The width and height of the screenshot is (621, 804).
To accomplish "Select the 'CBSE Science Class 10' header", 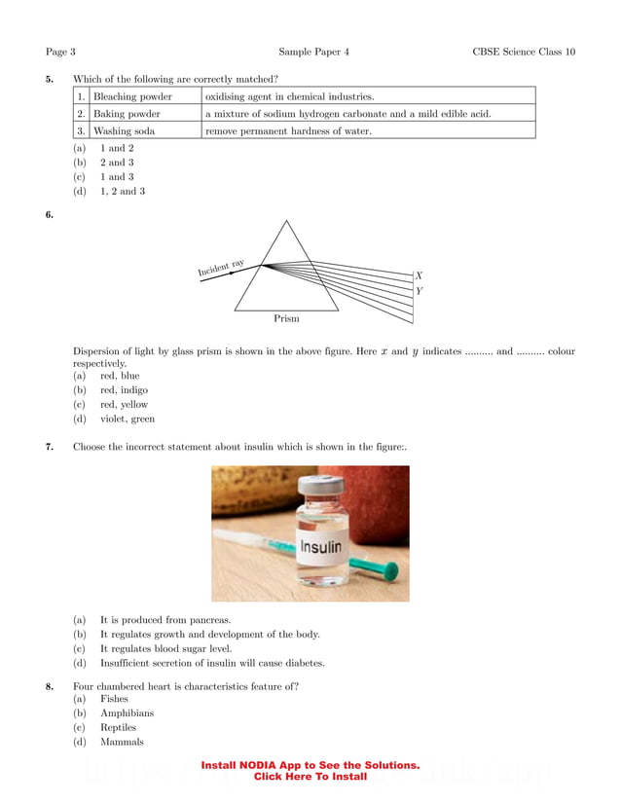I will click(x=524, y=51).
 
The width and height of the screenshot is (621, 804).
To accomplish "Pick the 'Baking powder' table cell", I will click(x=127, y=113).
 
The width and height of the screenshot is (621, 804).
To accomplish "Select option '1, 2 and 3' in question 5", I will click(x=123, y=192).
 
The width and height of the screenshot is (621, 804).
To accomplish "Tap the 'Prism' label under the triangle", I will click(x=286, y=318).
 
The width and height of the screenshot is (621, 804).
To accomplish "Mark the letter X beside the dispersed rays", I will click(x=419, y=275).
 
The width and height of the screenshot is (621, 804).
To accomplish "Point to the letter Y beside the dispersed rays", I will click(x=419, y=291).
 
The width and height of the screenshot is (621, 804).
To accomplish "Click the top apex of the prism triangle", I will click(x=286, y=222).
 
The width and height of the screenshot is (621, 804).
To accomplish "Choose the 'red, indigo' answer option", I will click(x=124, y=389).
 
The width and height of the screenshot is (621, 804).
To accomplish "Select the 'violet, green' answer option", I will click(x=127, y=419).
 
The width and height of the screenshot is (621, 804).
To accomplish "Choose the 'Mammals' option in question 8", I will click(x=122, y=742).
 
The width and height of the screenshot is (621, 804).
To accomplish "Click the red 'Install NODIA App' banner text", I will click(x=310, y=771).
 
